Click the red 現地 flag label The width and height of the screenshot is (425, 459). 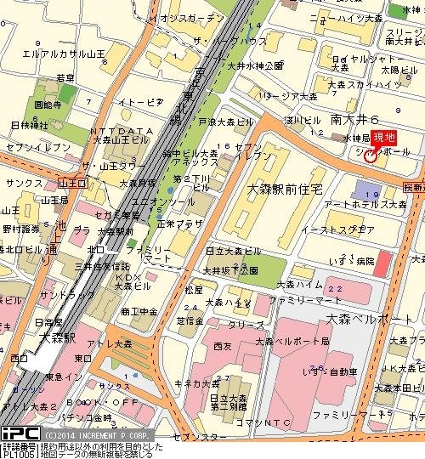[385, 138]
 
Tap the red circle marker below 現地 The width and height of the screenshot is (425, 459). [370, 156]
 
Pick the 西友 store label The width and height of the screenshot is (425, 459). [223, 346]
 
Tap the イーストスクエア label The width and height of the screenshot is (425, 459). [350, 229]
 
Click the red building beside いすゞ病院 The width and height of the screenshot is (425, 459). [381, 263]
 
